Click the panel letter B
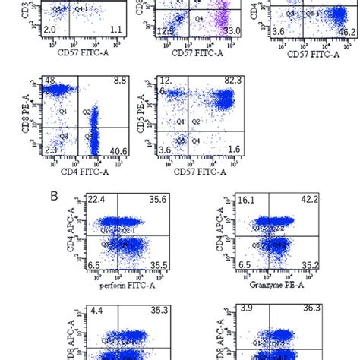[x=55, y=196]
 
